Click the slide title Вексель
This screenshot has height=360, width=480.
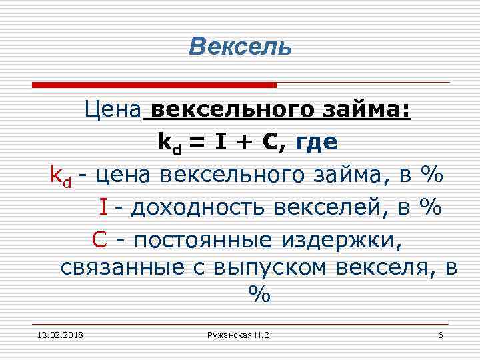point(240,47)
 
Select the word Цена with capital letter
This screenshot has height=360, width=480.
point(113,109)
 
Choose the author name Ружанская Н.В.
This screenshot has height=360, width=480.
point(239,334)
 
